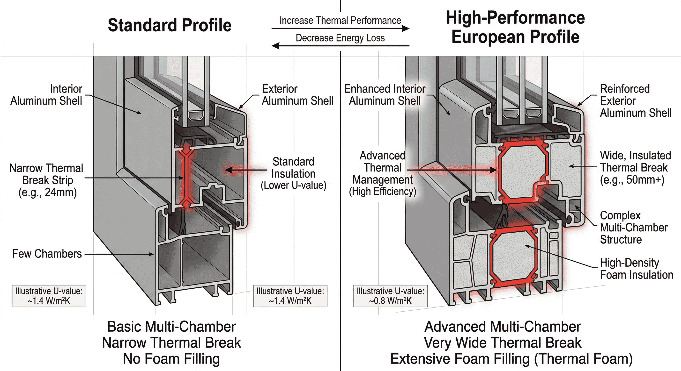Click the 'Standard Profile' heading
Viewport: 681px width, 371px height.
(170, 25)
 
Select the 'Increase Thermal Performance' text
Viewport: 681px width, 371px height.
(340, 20)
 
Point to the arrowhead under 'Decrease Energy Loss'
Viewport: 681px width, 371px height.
(276, 46)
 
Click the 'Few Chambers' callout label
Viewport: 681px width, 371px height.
(47, 254)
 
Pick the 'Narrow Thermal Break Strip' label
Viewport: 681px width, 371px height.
(46, 180)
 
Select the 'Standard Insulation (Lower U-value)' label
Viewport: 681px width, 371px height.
(293, 173)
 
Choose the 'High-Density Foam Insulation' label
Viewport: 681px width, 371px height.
(636, 269)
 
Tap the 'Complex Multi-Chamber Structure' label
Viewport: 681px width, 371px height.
(633, 227)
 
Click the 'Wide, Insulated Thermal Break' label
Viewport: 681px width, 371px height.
(635, 168)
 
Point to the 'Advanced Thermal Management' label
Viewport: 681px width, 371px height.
(382, 173)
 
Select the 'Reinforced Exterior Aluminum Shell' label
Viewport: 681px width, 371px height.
(635, 101)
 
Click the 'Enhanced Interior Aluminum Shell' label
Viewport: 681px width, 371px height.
(385, 95)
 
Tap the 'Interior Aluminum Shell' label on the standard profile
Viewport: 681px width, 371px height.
(46, 95)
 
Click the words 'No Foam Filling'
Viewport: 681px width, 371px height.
(171, 359)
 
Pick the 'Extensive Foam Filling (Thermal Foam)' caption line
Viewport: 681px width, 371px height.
(511, 359)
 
